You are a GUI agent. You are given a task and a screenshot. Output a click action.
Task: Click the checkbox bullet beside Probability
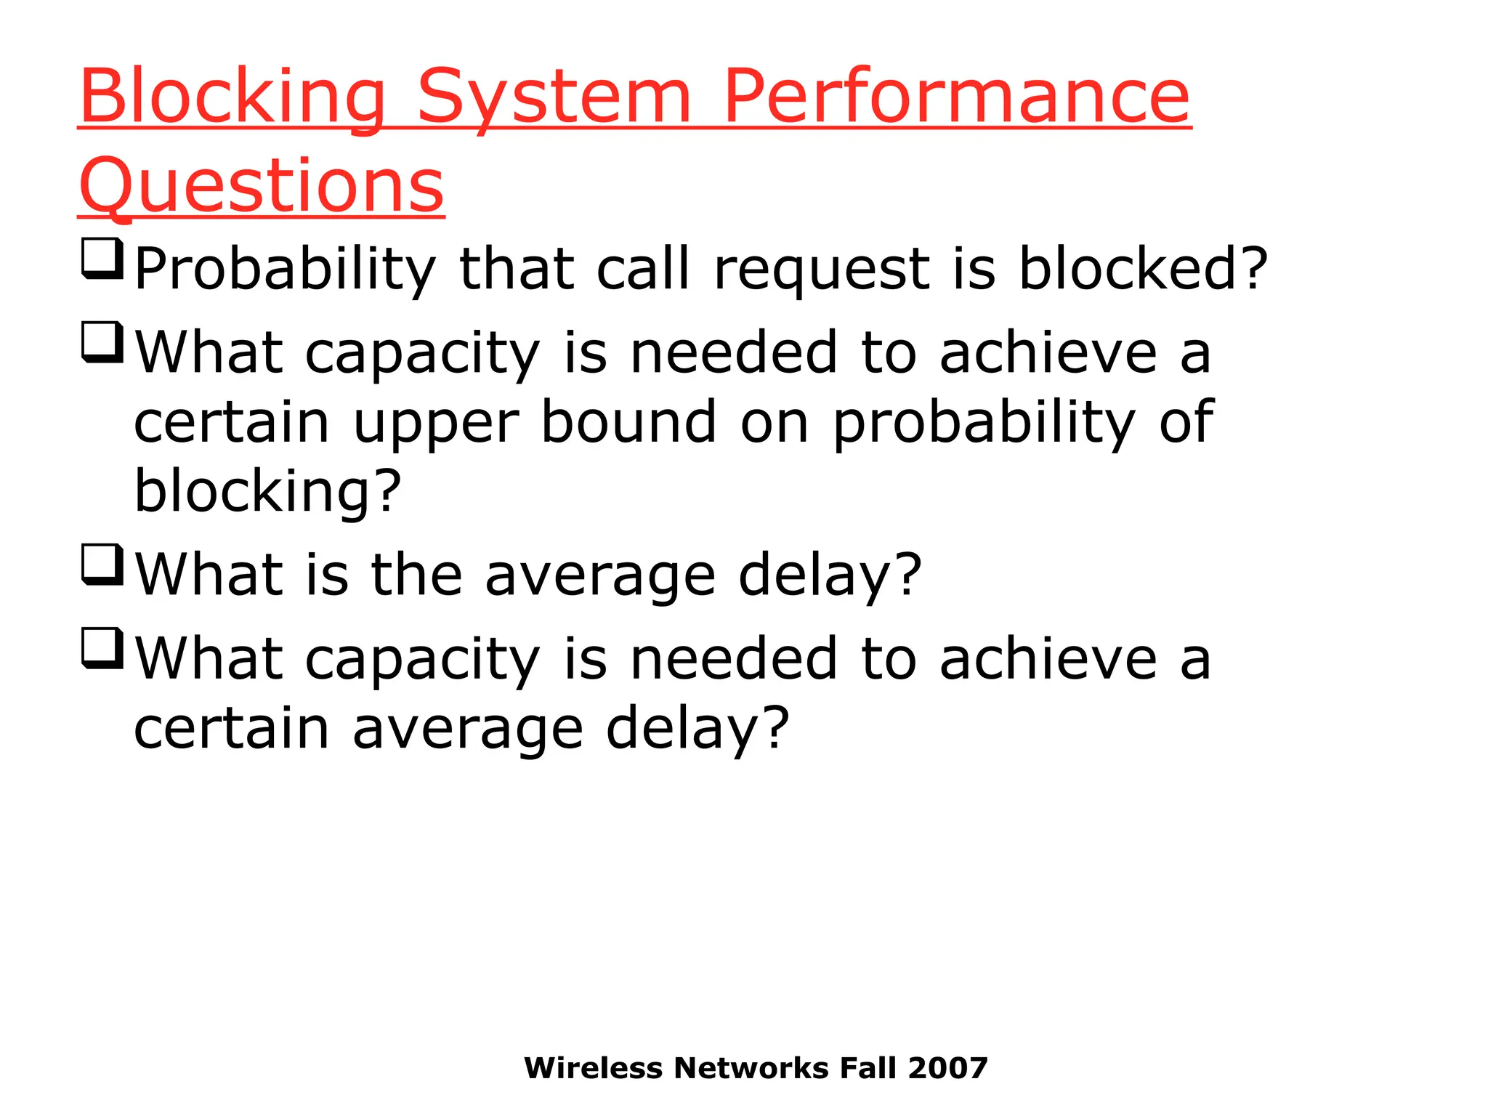(102, 258)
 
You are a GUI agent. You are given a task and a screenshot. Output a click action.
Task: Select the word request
(822, 269)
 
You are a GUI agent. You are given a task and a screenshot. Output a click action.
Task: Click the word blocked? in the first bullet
(1143, 269)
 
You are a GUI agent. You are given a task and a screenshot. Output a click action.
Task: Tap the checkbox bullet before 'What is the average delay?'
(102, 565)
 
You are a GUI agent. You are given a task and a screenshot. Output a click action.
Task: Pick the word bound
(629, 422)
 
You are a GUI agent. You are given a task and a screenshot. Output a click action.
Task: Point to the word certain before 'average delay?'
(232, 729)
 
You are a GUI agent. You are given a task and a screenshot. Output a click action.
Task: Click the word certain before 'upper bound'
(232, 422)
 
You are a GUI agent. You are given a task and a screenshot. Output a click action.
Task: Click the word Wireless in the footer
(594, 1068)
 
